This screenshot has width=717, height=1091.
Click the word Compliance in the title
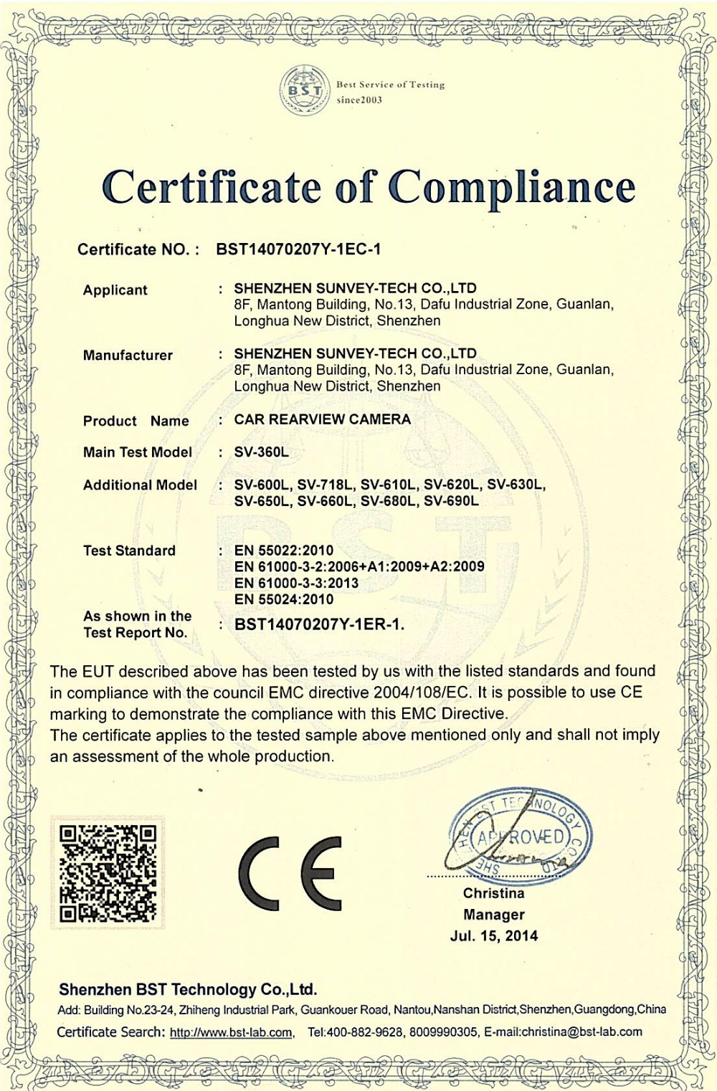coord(512,188)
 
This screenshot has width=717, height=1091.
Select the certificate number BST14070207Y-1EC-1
coord(298,249)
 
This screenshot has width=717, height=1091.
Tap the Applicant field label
coord(115,290)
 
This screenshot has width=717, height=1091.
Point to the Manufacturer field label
coord(128,356)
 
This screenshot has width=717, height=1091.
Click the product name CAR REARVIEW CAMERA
coord(323,419)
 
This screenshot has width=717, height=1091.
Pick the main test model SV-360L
coord(261,452)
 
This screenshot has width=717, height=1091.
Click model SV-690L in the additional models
coord(451,501)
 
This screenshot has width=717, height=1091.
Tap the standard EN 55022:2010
coord(284,551)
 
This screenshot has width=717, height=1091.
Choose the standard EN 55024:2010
coord(284,599)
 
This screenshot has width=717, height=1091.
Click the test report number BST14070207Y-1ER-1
coord(319,624)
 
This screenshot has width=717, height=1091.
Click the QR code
coord(108,872)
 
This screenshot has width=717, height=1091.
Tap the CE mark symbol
coord(290,872)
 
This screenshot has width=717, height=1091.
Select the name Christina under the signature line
coord(493,894)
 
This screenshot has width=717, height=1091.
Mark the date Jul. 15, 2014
coord(493,936)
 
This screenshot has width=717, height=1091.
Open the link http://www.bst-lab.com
coord(231,1033)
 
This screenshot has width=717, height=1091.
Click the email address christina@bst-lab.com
coord(581,1032)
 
